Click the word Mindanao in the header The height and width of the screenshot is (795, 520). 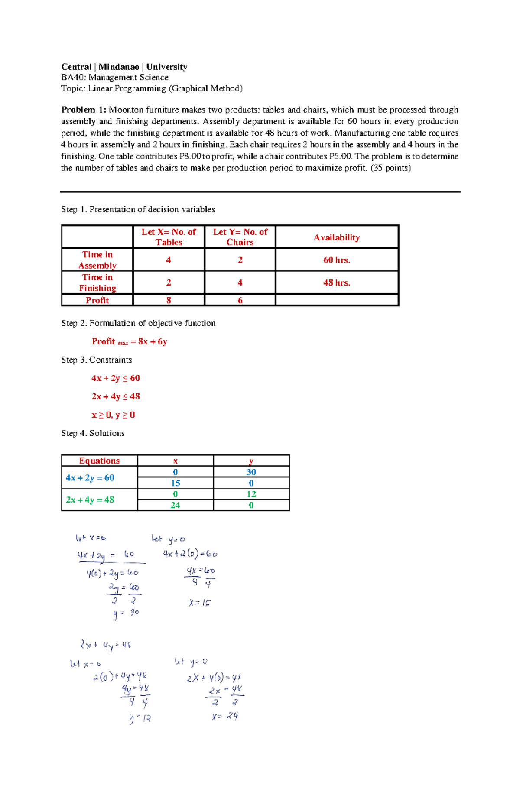click(x=119, y=67)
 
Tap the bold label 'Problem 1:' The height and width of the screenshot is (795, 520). click(x=83, y=110)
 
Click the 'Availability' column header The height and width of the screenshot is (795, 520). click(x=337, y=237)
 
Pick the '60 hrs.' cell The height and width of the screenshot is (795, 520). click(x=337, y=260)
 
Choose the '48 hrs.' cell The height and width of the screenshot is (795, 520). click(x=337, y=282)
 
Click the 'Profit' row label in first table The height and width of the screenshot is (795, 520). click(x=97, y=300)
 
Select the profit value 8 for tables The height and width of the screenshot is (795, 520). click(x=169, y=300)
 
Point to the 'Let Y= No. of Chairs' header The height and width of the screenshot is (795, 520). click(x=240, y=237)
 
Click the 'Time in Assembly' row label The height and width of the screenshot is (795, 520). click(x=97, y=260)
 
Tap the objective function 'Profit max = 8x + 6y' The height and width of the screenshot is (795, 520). click(x=129, y=341)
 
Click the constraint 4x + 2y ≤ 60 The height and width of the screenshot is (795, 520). click(x=115, y=378)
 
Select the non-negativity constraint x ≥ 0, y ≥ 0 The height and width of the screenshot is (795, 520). click(x=113, y=415)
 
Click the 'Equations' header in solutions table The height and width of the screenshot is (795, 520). click(x=99, y=461)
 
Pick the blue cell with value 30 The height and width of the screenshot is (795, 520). click(x=251, y=472)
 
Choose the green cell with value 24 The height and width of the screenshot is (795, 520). click(x=175, y=505)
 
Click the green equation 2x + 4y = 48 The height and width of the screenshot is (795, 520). click(x=90, y=500)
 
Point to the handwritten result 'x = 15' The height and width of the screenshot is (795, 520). click(x=200, y=603)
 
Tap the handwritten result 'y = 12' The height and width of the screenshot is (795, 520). click(x=140, y=718)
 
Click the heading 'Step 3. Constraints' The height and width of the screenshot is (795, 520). click(x=96, y=360)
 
